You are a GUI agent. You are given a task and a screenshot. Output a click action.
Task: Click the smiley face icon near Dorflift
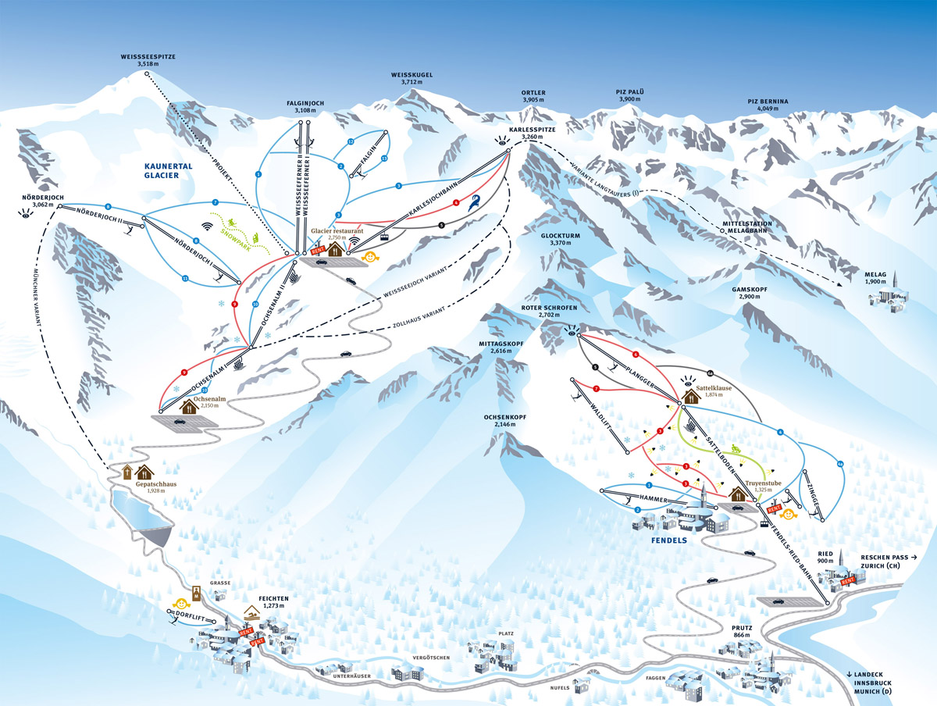click(181, 603)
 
